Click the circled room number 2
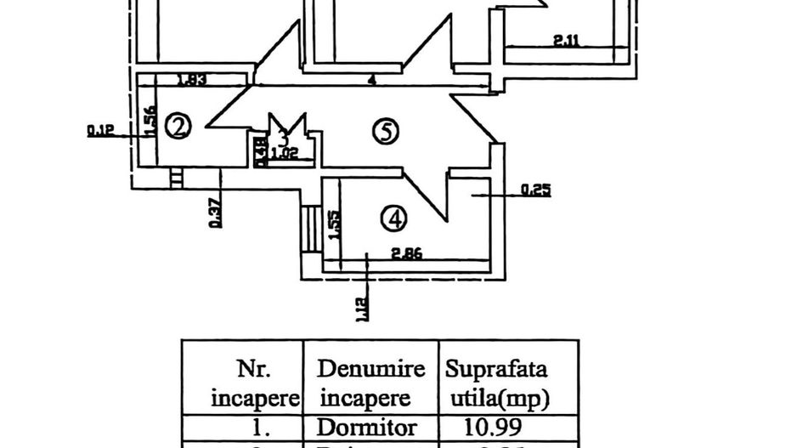(x=178, y=127)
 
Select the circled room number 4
(x=393, y=220)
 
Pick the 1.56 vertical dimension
(x=148, y=121)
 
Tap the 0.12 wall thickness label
(x=99, y=131)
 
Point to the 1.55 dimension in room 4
(x=335, y=224)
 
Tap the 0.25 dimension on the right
(x=536, y=190)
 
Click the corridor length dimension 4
(x=372, y=80)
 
